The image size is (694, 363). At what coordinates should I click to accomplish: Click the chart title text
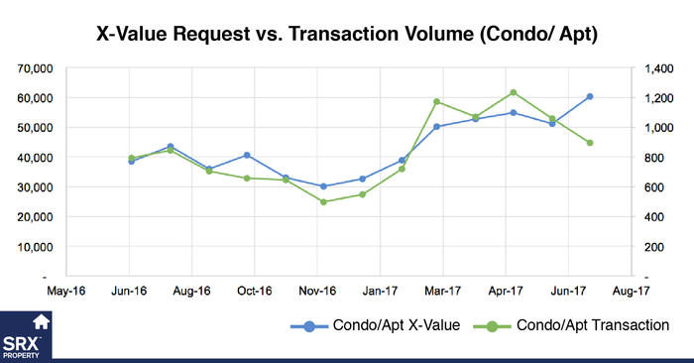(x=347, y=33)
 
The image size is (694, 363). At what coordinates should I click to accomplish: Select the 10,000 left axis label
(x=32, y=246)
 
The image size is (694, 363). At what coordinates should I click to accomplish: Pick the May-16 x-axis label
(x=66, y=291)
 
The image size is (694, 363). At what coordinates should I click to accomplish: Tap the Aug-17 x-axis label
(x=631, y=291)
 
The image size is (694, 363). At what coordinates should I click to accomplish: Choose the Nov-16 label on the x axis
(x=318, y=291)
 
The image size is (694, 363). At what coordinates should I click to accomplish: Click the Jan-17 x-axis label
(x=381, y=291)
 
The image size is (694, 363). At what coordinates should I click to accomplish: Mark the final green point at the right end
(x=590, y=143)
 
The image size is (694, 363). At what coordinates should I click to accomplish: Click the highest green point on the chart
(x=513, y=93)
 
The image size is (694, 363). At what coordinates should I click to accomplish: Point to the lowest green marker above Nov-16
(x=323, y=201)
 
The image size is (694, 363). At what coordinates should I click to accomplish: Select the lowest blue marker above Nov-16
(x=323, y=186)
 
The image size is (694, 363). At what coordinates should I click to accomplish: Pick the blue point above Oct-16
(x=247, y=156)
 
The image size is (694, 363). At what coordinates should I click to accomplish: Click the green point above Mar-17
(x=437, y=102)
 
